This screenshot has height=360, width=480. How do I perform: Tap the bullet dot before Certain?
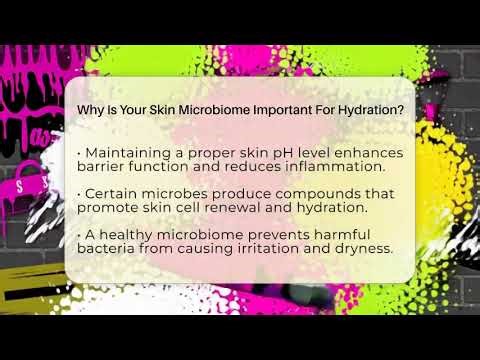coord(79,193)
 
